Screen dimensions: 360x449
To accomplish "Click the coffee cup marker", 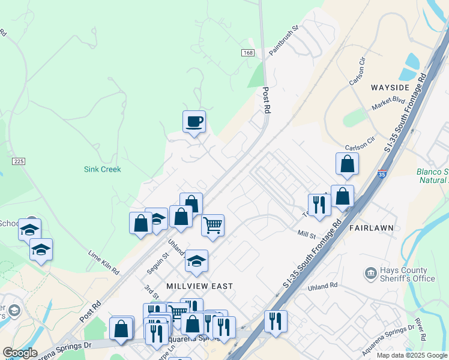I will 194,122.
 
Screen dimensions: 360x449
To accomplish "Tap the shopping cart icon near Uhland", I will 212,226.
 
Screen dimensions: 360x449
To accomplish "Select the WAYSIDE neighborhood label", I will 390,88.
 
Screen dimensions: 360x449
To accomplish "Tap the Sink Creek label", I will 102,169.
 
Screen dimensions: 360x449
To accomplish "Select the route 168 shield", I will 249,53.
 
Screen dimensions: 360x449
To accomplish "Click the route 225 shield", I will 19,161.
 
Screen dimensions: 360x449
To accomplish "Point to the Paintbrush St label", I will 284,41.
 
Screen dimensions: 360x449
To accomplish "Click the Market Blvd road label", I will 389,103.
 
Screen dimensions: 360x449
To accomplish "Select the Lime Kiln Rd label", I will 103,263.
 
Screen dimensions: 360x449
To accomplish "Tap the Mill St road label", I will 306,233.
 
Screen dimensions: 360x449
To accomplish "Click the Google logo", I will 20,353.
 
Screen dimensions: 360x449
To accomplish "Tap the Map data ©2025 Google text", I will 411,355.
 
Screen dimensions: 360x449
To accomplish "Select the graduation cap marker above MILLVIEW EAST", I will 196,261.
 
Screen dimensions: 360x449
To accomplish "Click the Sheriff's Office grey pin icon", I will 370,274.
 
